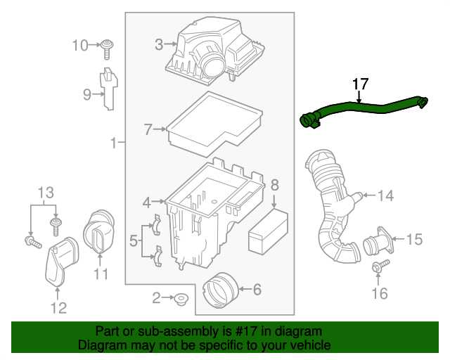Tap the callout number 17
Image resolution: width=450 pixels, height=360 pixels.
click(x=360, y=84)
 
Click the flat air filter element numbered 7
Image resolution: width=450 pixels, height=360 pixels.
click(x=214, y=121)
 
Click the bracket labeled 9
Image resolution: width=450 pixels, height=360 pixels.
click(x=107, y=88)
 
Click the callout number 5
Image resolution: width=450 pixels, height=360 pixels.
click(x=133, y=243)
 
